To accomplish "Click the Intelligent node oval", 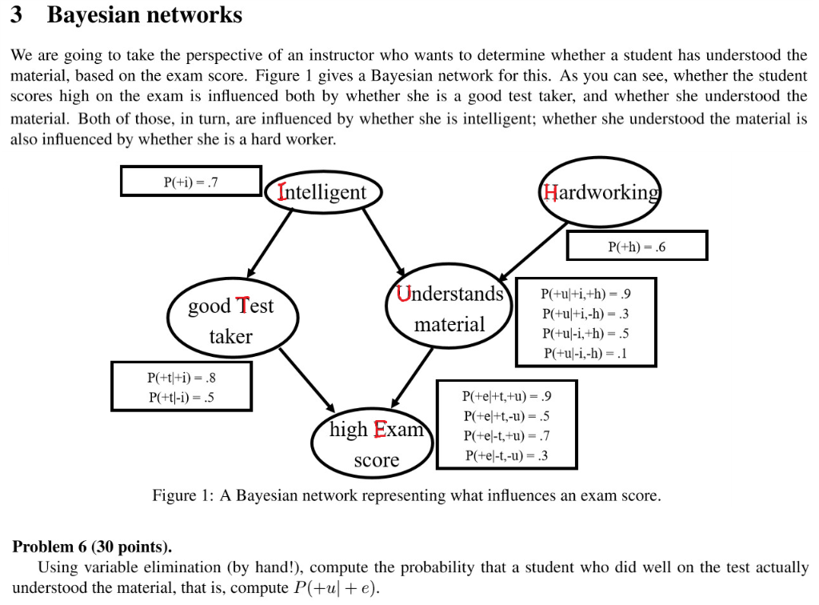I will [x=323, y=193].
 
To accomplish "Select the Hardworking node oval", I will [x=601, y=193].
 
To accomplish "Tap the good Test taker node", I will [x=230, y=321].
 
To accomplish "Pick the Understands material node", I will [x=449, y=309].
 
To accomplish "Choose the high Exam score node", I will [x=374, y=444].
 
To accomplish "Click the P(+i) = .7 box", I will [x=190, y=181].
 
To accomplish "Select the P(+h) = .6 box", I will [x=637, y=246].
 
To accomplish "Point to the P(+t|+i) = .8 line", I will [x=182, y=378].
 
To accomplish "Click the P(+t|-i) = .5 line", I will [x=182, y=397].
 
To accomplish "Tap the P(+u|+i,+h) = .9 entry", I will [x=586, y=293].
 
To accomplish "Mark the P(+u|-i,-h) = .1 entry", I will [x=586, y=353].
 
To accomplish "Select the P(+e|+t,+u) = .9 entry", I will [x=506, y=396].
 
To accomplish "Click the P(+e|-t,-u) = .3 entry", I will [x=506, y=456].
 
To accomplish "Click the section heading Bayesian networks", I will [x=144, y=15].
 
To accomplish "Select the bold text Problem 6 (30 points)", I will [x=92, y=547].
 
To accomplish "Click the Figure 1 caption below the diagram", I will [x=406, y=496].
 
